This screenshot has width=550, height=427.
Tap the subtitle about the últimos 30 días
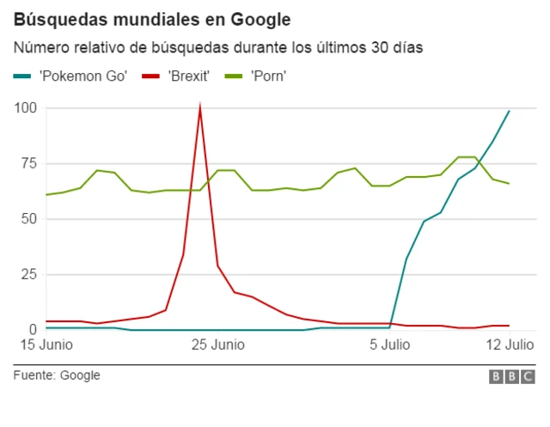pyautogui.click(x=217, y=46)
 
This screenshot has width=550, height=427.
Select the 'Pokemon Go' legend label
pyautogui.click(x=82, y=76)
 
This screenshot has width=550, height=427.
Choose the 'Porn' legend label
pyautogui.click(x=268, y=76)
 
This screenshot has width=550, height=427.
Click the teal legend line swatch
pyautogui.click(x=23, y=76)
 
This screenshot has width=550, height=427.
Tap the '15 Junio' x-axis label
pyautogui.click(x=40, y=346)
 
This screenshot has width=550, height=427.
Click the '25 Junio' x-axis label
pyautogui.click(x=217, y=346)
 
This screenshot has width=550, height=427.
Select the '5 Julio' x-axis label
pyautogui.click(x=390, y=346)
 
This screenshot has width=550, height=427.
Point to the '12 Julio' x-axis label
pyautogui.click(x=509, y=346)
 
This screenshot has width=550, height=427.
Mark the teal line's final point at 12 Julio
pyautogui.click(x=509, y=111)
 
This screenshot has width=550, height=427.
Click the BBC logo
pyautogui.click(x=511, y=376)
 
